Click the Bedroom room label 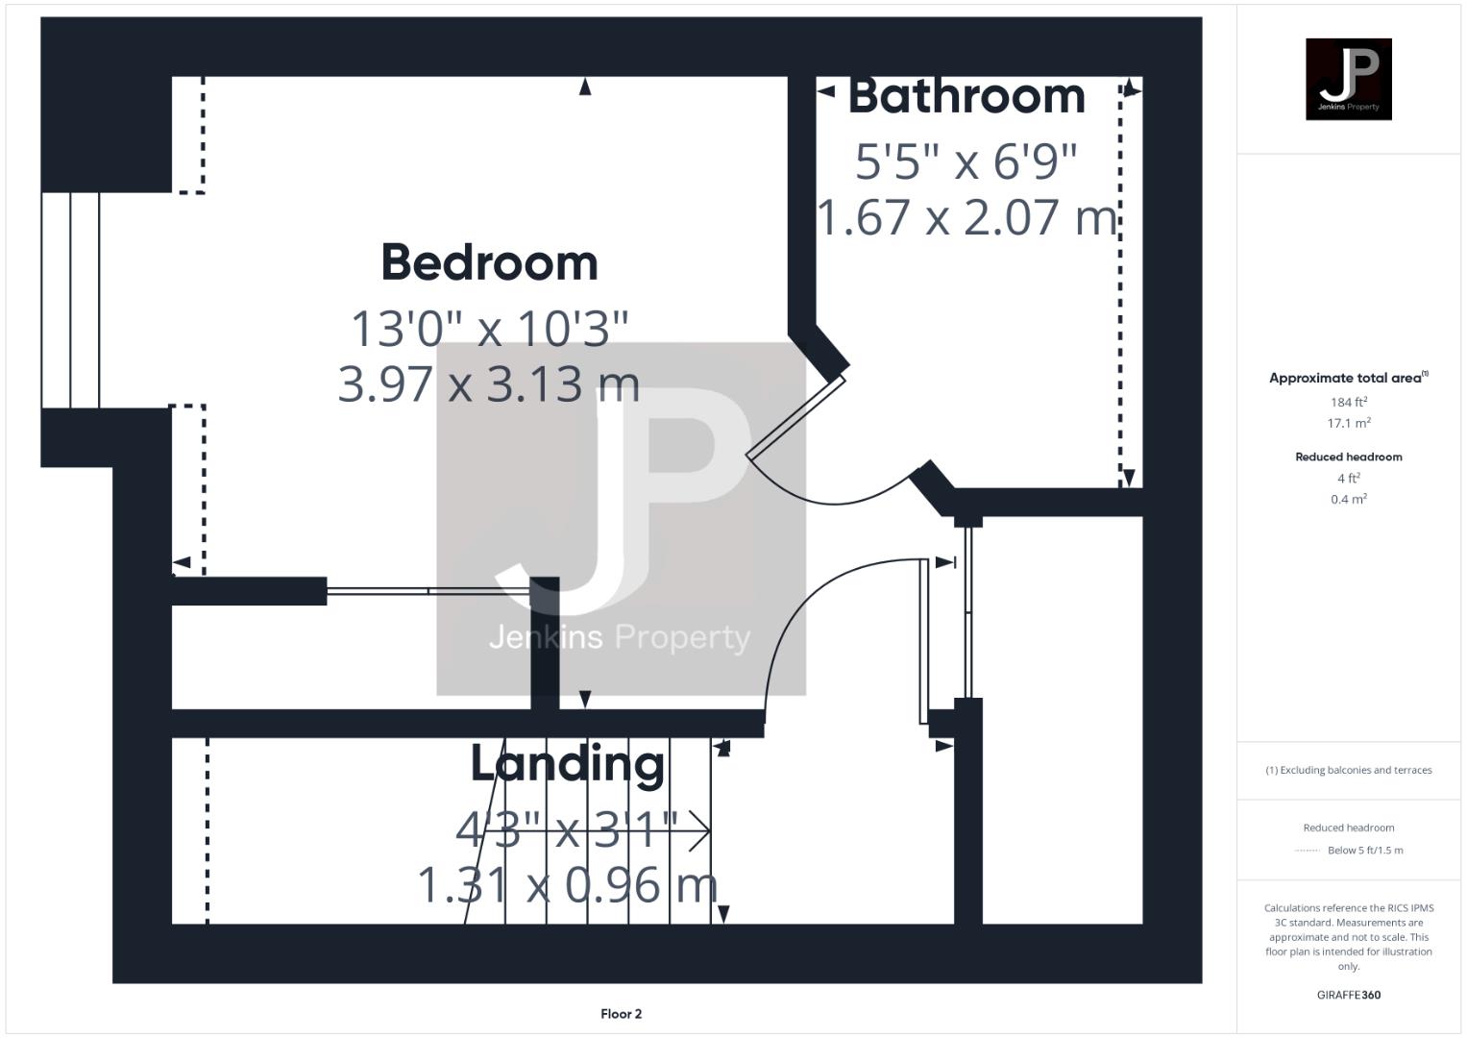click(489, 263)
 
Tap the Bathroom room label click(966, 96)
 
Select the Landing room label click(567, 764)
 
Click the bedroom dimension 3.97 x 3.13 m click(489, 383)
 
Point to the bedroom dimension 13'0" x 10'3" click(489, 329)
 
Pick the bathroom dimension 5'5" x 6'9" click(966, 161)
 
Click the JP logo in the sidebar click(1348, 79)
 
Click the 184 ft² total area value click(1348, 402)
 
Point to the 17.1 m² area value click(1348, 423)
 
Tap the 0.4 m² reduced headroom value click(1348, 499)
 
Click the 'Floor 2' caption click(621, 1013)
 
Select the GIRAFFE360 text click(1348, 995)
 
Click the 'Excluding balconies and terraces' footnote click(1348, 770)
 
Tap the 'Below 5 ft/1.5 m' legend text click(1364, 850)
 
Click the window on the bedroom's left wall click(71, 300)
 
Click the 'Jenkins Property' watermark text click(620, 637)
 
